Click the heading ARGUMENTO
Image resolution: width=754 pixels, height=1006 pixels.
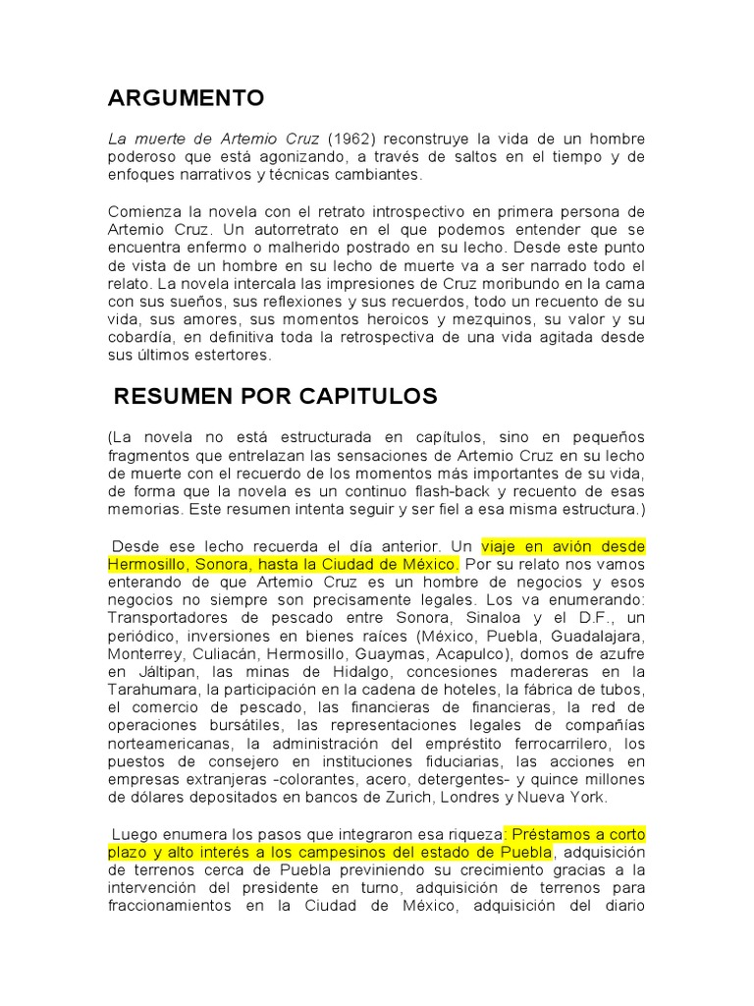186,98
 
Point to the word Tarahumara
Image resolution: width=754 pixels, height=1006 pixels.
154,689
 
